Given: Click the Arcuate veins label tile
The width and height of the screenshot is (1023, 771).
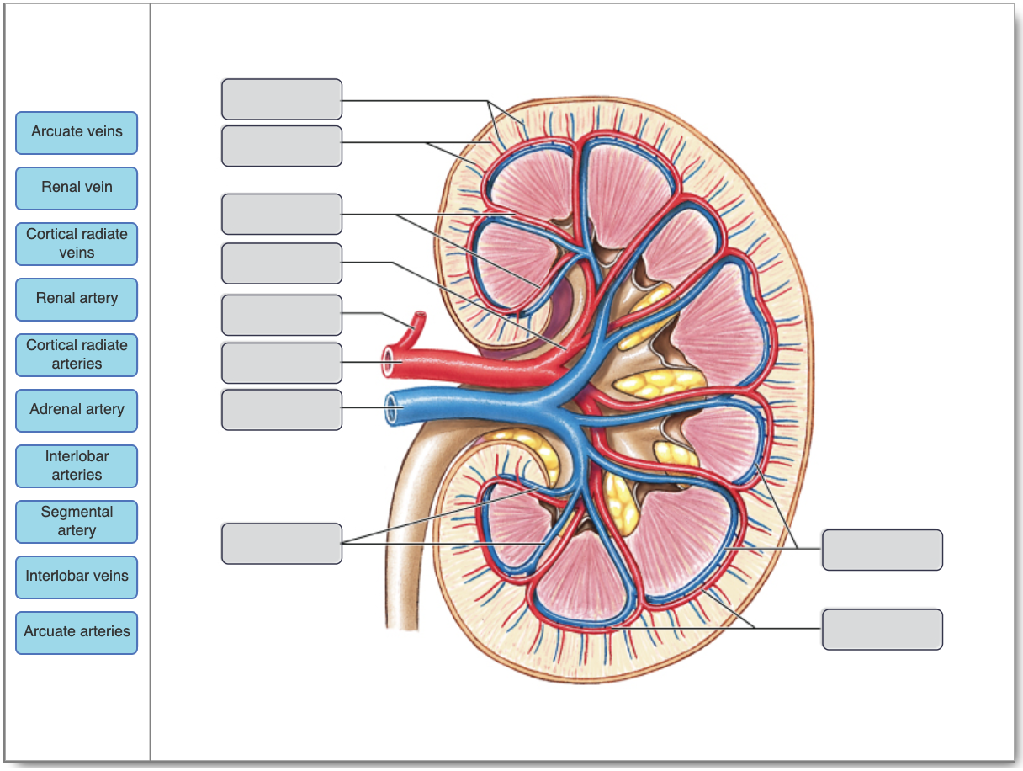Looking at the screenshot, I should point(77,132).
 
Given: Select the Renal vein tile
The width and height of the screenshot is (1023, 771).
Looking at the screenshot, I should point(77,188).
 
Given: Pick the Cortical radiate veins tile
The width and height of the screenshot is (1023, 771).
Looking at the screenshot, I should point(77,243).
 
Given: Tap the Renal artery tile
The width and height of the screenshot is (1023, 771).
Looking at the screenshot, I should point(77,299).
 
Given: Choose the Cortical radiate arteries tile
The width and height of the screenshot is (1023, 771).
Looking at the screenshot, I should point(77,354).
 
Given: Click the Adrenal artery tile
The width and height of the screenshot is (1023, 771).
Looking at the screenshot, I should point(77,410).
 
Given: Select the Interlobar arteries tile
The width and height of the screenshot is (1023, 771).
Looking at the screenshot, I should point(77,465).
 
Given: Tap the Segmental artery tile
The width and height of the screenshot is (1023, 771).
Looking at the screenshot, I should point(77,521).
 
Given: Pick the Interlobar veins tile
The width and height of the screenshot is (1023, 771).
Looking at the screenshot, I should point(77,577).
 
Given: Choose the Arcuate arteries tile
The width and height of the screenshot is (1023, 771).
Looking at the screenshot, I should point(77,632).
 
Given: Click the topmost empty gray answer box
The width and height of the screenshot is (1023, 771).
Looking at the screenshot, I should point(282,99).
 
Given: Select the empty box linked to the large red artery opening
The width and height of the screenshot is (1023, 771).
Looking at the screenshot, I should point(282,363).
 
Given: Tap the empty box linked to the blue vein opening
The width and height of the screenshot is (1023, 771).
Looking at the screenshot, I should point(282,410).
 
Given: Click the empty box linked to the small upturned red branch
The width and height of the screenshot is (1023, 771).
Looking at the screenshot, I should point(282,315).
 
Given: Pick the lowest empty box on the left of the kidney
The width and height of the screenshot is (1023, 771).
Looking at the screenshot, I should point(282,544).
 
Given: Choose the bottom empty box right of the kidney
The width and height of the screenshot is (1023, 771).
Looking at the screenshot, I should point(882,630).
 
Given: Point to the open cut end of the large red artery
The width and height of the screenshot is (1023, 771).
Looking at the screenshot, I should point(390,363).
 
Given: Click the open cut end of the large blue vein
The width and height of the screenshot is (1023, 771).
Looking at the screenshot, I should point(391,409).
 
